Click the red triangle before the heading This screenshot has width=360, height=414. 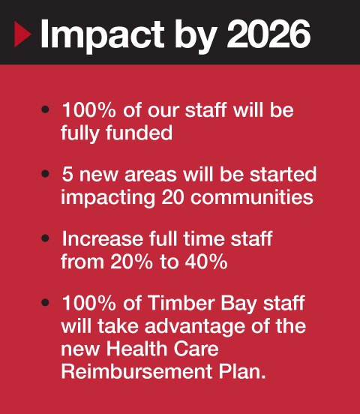click(22, 34)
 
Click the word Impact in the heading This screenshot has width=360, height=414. click(102, 36)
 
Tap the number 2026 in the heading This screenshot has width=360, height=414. click(268, 34)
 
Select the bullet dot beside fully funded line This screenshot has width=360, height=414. click(46, 109)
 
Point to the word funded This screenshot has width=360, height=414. click(139, 133)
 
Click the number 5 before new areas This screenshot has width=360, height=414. click(67, 174)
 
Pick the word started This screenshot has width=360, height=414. click(283, 174)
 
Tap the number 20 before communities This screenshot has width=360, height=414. click(172, 197)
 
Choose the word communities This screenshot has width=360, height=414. click(252, 197)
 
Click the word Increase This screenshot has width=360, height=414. click(103, 238)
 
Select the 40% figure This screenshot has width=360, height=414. click(206, 262)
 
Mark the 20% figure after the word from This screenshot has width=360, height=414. click(131, 262)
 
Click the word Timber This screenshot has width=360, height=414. click(182, 303)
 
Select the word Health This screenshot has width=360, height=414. click(136, 349)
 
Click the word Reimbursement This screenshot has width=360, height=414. click(136, 371)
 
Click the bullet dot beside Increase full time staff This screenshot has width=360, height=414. click(46, 238)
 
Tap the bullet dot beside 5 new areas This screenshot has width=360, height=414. click(46, 174)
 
